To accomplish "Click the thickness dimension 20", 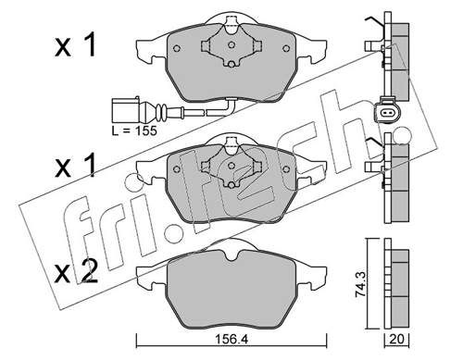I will (398, 339).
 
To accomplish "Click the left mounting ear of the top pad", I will (146, 46).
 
